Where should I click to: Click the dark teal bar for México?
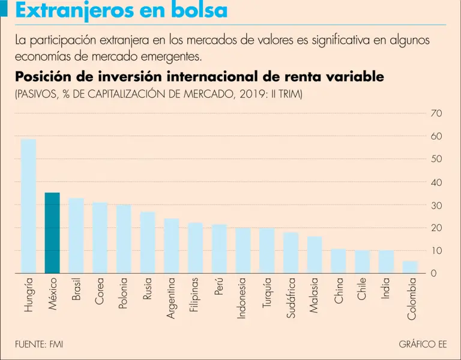pyautogui.click(x=52, y=233)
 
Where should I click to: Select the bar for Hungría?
pyautogui.click(x=28, y=206)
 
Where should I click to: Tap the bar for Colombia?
pyautogui.click(x=410, y=267)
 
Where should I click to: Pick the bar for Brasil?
pyautogui.click(x=76, y=236)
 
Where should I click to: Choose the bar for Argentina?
pyautogui.click(x=172, y=246)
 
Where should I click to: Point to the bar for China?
pyautogui.click(x=339, y=261)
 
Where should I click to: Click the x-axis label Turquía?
pyautogui.click(x=267, y=292)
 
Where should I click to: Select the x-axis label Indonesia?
pyautogui.click(x=243, y=298)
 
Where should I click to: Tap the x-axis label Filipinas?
pyautogui.click(x=195, y=295)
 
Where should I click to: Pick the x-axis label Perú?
pyautogui.click(x=219, y=288)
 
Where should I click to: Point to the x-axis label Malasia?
pyautogui.click(x=315, y=295)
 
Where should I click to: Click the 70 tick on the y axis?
pyautogui.click(x=436, y=113)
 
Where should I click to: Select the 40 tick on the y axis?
pyautogui.click(x=436, y=182)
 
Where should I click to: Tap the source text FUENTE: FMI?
pyautogui.click(x=39, y=344)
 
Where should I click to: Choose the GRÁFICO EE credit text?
pyautogui.click(x=423, y=344)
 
